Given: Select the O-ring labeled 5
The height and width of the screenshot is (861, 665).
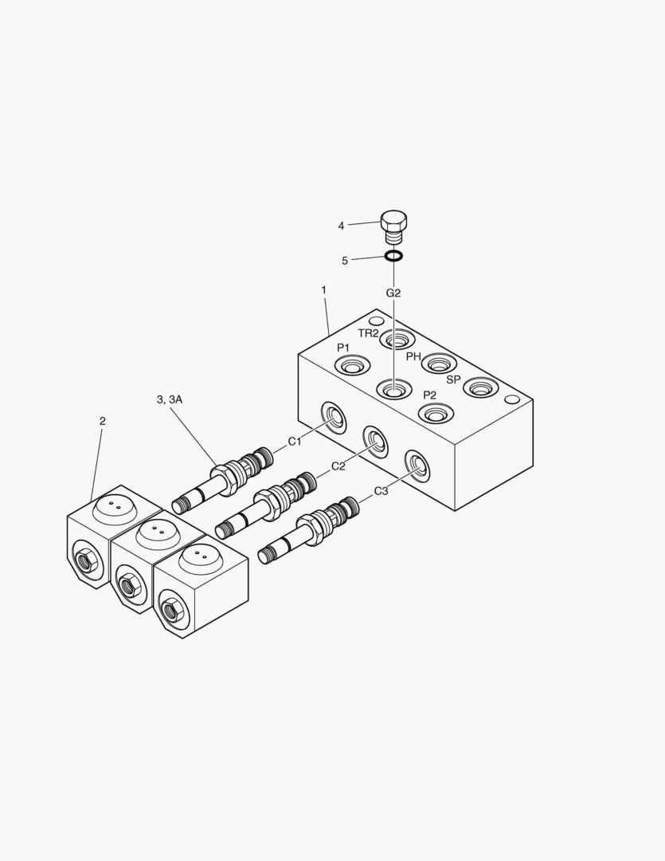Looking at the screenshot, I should (x=393, y=257).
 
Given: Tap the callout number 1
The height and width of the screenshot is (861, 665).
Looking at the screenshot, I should (x=324, y=290).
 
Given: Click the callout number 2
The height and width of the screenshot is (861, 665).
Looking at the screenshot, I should (x=102, y=421).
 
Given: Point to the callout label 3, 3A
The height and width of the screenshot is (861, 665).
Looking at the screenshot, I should (x=170, y=399).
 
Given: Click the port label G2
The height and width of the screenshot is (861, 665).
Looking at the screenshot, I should (x=393, y=293).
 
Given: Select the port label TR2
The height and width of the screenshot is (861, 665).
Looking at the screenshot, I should (x=368, y=333).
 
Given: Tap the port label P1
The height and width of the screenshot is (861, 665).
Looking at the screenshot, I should (x=343, y=348).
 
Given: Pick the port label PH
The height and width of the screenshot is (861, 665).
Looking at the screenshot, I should (x=413, y=356).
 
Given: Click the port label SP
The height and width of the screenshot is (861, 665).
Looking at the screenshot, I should (x=453, y=379).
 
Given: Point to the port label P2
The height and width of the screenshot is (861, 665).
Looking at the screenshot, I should (x=429, y=395).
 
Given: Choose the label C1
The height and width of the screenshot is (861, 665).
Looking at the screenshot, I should (x=295, y=441).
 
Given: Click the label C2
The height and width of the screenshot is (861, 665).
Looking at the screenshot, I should (x=338, y=466).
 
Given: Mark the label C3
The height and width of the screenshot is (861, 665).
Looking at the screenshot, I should (x=381, y=491).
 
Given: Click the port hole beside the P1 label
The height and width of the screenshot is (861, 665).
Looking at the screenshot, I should (x=352, y=367).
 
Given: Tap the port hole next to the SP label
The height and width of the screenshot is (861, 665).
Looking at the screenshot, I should (x=480, y=388).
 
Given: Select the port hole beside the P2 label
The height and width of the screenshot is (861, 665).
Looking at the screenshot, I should (x=436, y=414).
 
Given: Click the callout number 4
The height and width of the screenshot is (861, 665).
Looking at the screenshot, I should (x=341, y=226).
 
